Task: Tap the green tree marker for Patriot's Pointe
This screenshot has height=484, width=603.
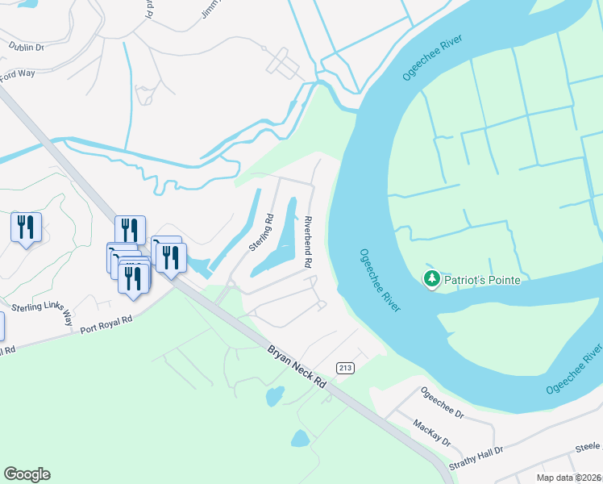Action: (x=432, y=279)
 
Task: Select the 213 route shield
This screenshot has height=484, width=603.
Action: (x=346, y=368)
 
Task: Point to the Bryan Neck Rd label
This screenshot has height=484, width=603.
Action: (x=296, y=367)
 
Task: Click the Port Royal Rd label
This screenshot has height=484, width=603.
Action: (x=106, y=323)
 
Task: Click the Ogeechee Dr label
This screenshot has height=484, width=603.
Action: (x=443, y=403)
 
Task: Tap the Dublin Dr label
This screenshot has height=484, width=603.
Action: (x=25, y=48)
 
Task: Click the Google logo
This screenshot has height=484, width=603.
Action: (x=27, y=474)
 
